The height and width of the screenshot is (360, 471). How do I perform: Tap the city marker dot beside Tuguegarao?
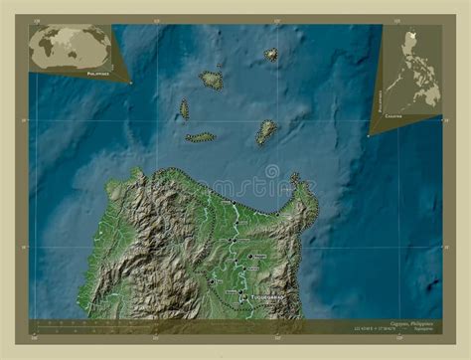click(241, 296)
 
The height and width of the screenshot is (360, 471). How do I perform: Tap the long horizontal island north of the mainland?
click(200, 137)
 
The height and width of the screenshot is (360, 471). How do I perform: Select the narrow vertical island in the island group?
click(184, 108)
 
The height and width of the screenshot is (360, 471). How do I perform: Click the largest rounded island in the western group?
click(212, 80)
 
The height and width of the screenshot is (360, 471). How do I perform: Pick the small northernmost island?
click(271, 55)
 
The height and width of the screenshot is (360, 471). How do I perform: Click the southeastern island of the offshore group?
click(266, 131)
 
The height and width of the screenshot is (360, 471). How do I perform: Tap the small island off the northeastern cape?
click(294, 178)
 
